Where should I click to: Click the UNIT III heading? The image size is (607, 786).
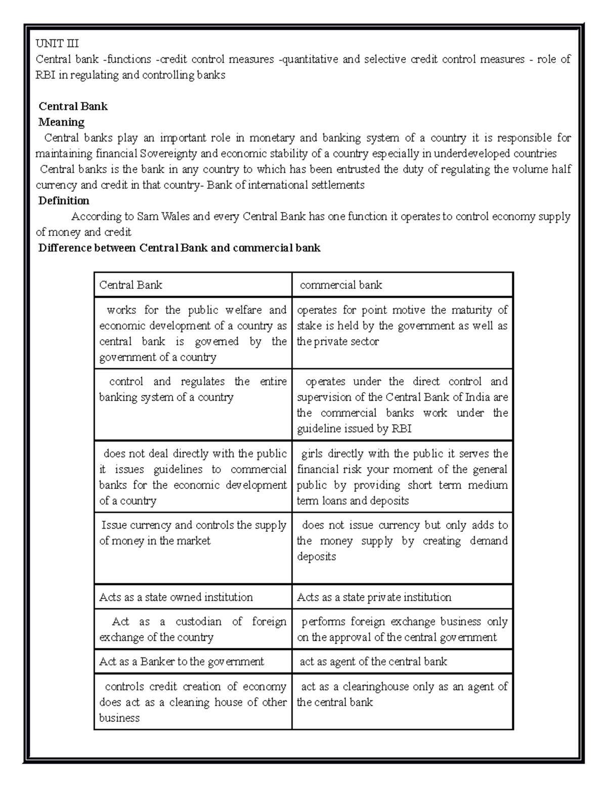(x=57, y=44)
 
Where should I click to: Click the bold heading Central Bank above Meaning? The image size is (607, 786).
(x=73, y=106)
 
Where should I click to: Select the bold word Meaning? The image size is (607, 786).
(x=61, y=122)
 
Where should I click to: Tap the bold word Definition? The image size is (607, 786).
(x=64, y=200)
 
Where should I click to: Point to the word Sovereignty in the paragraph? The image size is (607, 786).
(x=170, y=153)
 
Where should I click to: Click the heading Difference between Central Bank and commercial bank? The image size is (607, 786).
(x=179, y=248)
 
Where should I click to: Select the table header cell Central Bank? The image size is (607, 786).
(x=131, y=285)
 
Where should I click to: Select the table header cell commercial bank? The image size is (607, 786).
(x=341, y=285)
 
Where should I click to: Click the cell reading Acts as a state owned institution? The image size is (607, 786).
(x=176, y=597)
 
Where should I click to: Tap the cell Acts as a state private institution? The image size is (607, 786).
(x=374, y=597)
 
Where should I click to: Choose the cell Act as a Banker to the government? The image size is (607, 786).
(x=182, y=661)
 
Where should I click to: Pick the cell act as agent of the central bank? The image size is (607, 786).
(x=373, y=661)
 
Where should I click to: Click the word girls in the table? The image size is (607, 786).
(x=312, y=453)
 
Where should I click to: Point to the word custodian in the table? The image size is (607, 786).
(x=198, y=622)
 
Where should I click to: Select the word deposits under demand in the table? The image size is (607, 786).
(x=316, y=557)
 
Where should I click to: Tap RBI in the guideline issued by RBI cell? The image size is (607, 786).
(x=402, y=429)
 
